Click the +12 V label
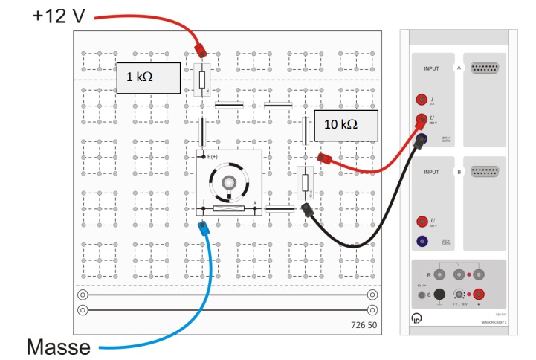point(59,14)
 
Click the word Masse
point(59,347)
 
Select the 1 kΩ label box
point(148,77)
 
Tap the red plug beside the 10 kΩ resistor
point(323,158)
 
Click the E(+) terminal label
point(213,156)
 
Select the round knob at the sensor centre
point(230,183)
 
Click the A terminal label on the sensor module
point(254,202)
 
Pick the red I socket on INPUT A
point(423,99)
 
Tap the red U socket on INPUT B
point(423,221)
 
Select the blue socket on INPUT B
point(423,240)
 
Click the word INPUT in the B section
point(432,171)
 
